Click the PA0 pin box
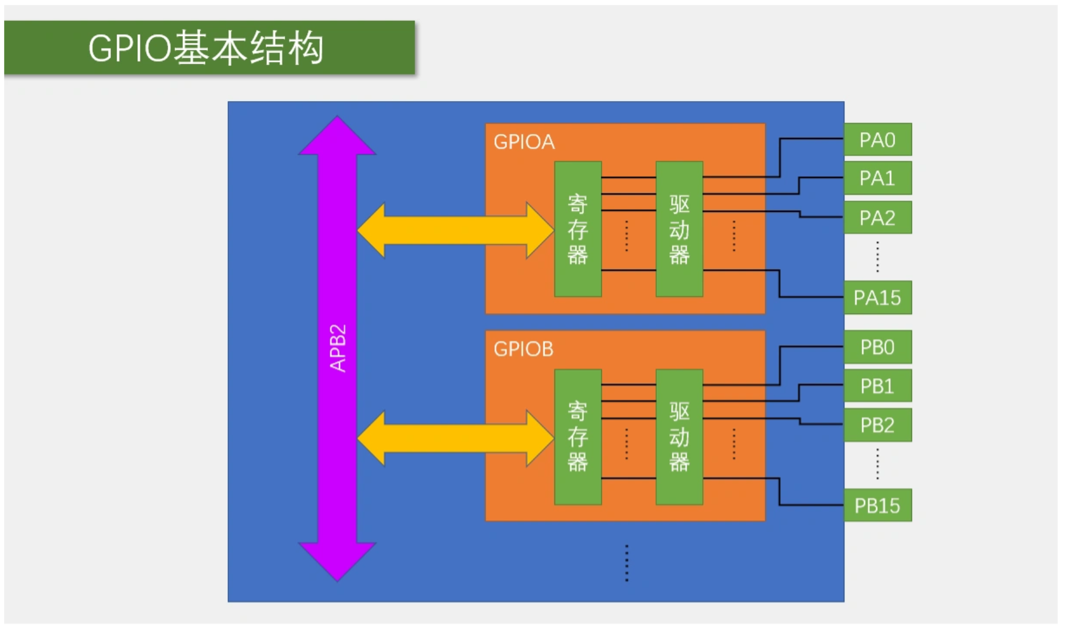pyautogui.click(x=877, y=140)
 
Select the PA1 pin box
pyautogui.click(x=877, y=178)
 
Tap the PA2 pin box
pyautogui.click(x=877, y=218)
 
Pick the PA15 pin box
pyautogui.click(x=877, y=298)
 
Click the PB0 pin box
pyautogui.click(x=877, y=347)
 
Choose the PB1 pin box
pyautogui.click(x=877, y=386)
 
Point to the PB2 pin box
pyautogui.click(x=877, y=425)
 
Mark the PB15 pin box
pyautogui.click(x=877, y=506)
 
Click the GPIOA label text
pyautogui.click(x=524, y=142)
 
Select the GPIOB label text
pyautogui.click(x=523, y=349)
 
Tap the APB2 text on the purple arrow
pyautogui.click(x=338, y=348)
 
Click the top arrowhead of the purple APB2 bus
pyautogui.click(x=337, y=136)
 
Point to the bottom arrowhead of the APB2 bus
pyautogui.click(x=337, y=560)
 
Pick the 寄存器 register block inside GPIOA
pyautogui.click(x=578, y=229)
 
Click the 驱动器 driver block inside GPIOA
pyautogui.click(x=679, y=229)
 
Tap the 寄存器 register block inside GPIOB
pyautogui.click(x=578, y=437)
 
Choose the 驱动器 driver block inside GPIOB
pyautogui.click(x=679, y=437)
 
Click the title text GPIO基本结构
pyautogui.click(x=206, y=48)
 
